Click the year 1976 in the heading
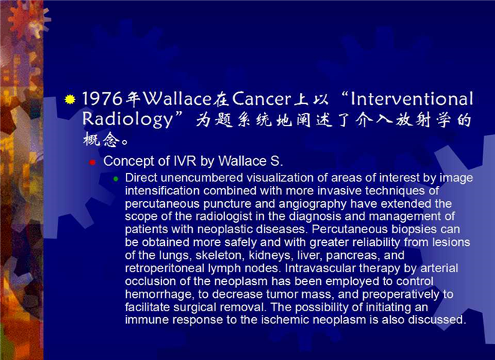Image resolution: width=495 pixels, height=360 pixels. point(102,98)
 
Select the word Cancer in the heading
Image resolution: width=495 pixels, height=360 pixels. point(261,98)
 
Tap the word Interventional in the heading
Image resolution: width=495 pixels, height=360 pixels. point(412,98)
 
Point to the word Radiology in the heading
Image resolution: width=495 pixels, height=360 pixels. point(128,120)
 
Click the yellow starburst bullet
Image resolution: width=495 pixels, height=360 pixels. point(70,100)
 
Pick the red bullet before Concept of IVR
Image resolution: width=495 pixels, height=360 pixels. point(92,163)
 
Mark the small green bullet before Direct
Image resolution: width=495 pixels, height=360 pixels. point(115,179)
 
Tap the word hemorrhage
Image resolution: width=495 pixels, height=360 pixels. point(160,295)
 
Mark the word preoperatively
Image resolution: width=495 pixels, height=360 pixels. point(400,295)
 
